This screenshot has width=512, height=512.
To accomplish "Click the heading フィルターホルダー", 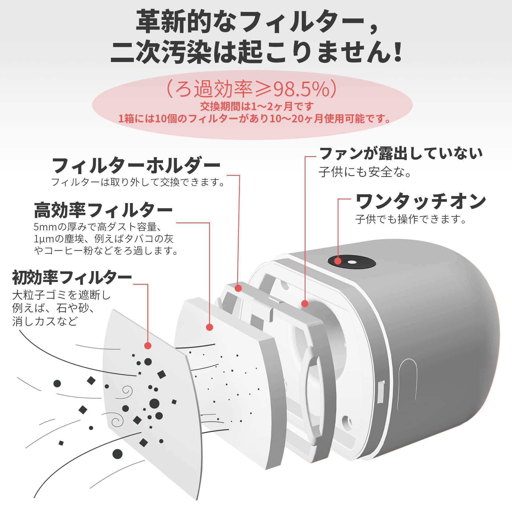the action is click(136, 166).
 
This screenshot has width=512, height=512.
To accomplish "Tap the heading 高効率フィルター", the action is click(103, 210).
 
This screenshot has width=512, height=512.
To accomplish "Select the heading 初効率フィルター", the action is click(72, 278).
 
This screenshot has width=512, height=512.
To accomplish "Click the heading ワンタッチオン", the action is click(420, 201).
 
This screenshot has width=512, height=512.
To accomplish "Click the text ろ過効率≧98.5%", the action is click(251, 89).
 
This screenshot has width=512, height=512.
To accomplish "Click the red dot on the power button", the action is click(338, 261).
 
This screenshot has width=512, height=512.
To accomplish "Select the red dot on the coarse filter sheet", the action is click(148, 346).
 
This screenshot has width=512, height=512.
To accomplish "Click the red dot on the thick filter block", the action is click(209, 327).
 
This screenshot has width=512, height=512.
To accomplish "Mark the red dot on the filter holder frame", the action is click(238, 288).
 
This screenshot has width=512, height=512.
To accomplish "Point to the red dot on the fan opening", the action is click(305, 304).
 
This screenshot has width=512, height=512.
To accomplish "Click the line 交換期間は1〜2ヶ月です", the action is click(257, 106).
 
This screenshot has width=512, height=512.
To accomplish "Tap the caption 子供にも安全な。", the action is click(365, 172).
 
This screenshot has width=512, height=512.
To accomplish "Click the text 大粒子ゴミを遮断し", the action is click(61, 295).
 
